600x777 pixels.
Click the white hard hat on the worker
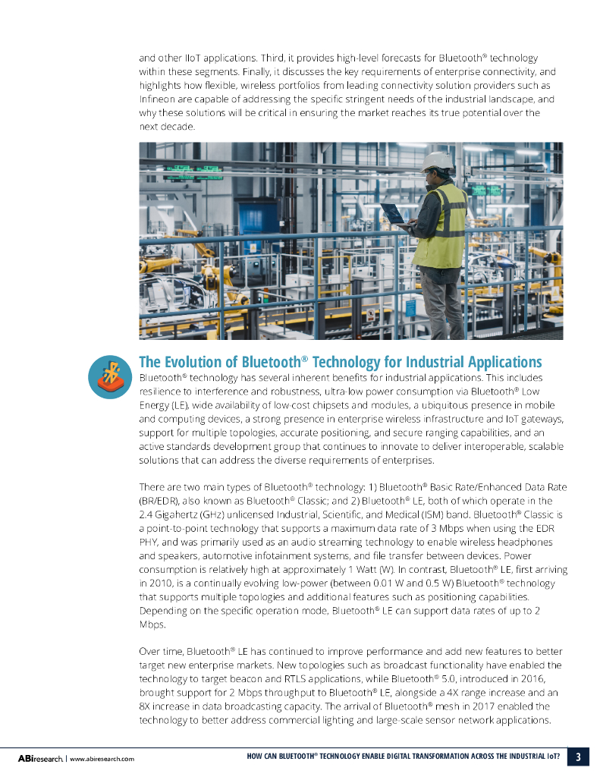[x=437, y=161]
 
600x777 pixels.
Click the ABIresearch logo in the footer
[x=40, y=758]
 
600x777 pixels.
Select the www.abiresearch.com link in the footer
[x=102, y=758]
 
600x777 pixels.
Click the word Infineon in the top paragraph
[x=157, y=99]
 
